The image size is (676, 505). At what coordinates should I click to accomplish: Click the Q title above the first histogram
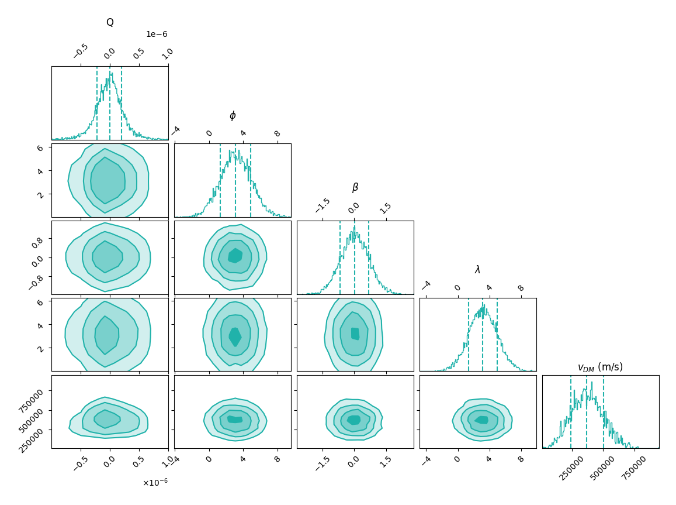[x=110, y=23]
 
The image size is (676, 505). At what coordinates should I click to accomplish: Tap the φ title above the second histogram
[x=233, y=115]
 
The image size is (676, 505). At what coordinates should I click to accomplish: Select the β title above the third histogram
[x=355, y=188]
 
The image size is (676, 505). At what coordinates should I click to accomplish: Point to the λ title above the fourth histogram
[x=477, y=270]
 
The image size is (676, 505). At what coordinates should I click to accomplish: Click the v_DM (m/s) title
[x=600, y=367]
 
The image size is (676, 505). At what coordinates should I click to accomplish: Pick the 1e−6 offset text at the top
[x=157, y=35]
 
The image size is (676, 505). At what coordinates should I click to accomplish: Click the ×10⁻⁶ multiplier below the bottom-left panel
[x=155, y=483]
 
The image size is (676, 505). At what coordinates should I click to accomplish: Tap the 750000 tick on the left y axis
[x=36, y=398]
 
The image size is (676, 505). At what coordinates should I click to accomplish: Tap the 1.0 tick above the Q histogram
[x=167, y=53]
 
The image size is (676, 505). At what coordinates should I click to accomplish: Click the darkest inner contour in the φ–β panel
[x=235, y=256]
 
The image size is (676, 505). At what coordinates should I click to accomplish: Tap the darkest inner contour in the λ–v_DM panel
[x=481, y=420]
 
